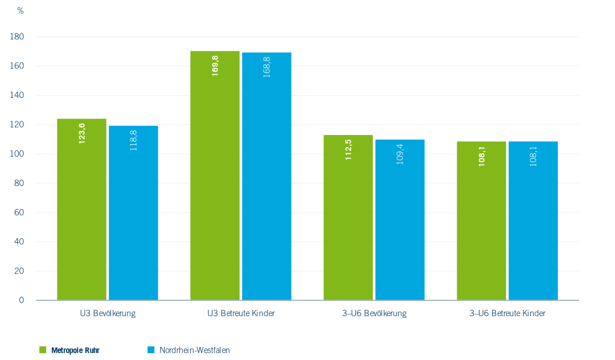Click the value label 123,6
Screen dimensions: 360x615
(82, 133)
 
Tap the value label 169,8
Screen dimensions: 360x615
(215, 66)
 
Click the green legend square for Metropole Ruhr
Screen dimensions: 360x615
(42, 350)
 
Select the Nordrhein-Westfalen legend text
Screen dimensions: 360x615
(194, 350)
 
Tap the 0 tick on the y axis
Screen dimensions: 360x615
(21, 300)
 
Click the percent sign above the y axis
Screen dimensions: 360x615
(20, 11)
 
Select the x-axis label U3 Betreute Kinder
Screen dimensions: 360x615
(241, 314)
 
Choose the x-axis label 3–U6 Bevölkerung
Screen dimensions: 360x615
(374, 314)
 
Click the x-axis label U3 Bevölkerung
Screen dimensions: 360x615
(108, 314)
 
